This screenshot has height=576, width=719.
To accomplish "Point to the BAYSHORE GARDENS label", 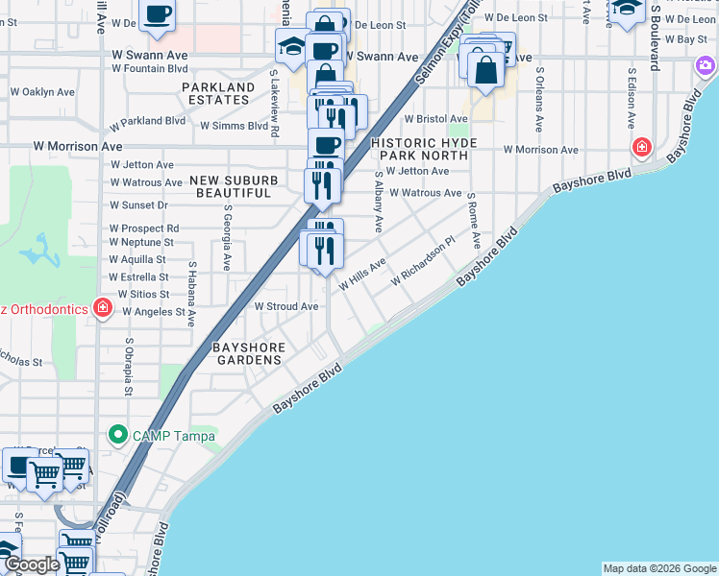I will [248, 352].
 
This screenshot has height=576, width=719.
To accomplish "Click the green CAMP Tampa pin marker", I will [118, 435].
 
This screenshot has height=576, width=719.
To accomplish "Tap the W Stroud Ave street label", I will [285, 306].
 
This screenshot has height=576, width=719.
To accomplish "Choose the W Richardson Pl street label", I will [422, 264].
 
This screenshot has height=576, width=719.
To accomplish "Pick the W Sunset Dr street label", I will [138, 204].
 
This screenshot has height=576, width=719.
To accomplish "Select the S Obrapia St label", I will [128, 366].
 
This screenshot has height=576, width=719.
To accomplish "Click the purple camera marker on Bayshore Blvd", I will [706, 66].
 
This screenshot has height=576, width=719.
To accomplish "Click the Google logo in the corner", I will [31, 564].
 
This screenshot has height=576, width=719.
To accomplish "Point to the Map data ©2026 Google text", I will [658, 568].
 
